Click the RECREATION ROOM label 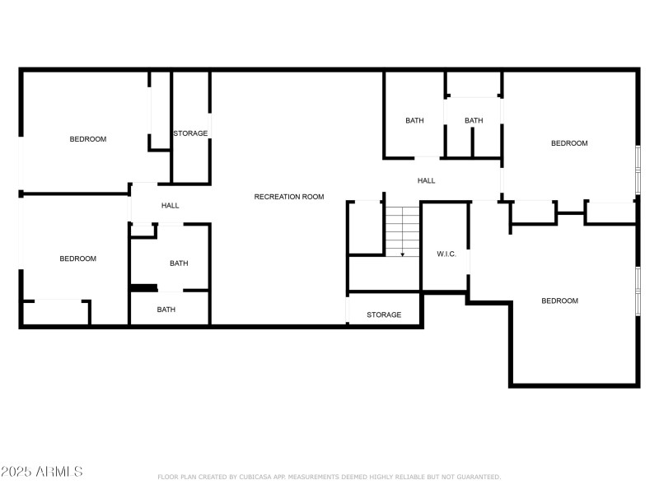click(x=288, y=197)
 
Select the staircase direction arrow click(x=403, y=254)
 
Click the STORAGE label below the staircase click(x=384, y=315)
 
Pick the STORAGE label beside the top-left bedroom click(x=190, y=133)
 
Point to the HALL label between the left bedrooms click(x=170, y=206)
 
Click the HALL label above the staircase click(x=426, y=180)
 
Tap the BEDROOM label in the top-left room click(x=87, y=139)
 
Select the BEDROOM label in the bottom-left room click(x=77, y=259)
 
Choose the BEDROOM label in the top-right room click(x=569, y=143)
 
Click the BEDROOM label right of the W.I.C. click(x=559, y=301)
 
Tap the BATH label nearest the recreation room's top click(x=414, y=121)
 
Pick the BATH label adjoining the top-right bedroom click(x=474, y=121)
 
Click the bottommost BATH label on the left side click(x=166, y=310)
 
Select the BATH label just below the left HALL click(x=179, y=263)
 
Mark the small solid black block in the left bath click(x=144, y=287)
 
